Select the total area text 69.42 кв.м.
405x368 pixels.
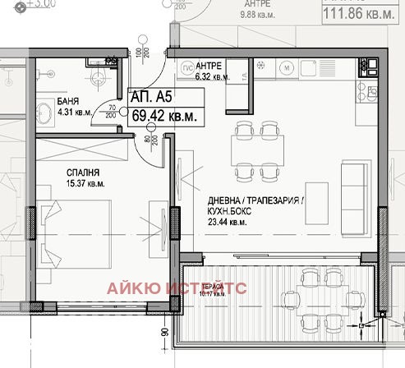coord(165,116)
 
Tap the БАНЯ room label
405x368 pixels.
coord(67,103)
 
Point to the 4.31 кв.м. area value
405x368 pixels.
coord(75,114)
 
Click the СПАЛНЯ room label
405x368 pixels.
coord(84,173)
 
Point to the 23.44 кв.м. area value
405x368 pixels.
coord(227,222)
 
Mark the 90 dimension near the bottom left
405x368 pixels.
coord(165,333)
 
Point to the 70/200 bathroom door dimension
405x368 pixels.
coord(113,111)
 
